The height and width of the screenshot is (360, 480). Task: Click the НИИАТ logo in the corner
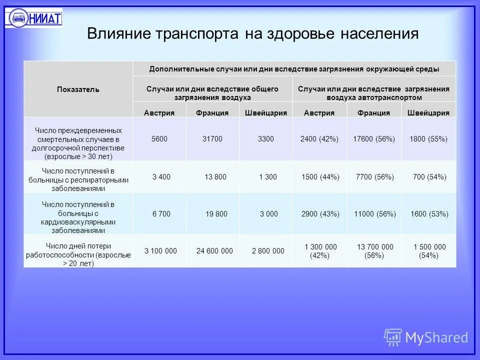(x=33, y=18)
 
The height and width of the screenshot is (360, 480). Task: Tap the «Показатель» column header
(x=77, y=89)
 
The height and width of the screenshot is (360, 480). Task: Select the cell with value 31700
(x=212, y=139)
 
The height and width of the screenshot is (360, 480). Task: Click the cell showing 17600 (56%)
(x=374, y=139)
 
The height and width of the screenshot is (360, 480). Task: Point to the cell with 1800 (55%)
(x=428, y=139)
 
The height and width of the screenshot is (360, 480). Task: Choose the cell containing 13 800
(x=215, y=177)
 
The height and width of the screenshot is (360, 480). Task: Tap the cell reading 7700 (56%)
(x=374, y=177)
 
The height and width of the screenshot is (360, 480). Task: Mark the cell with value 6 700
(x=161, y=214)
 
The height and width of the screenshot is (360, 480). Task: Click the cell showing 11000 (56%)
(x=374, y=214)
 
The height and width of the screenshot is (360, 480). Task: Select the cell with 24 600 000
(x=214, y=251)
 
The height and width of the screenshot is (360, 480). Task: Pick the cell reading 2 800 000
(x=268, y=251)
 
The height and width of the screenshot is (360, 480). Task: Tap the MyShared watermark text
(x=436, y=337)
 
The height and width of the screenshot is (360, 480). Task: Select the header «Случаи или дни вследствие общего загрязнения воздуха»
(x=212, y=93)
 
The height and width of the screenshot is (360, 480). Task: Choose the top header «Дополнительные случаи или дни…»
(x=294, y=68)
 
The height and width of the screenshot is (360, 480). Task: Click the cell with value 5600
(x=159, y=139)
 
